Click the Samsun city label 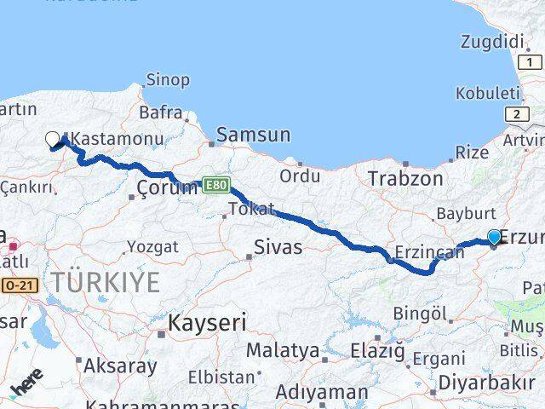coord(254,135)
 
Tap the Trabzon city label coord(405,179)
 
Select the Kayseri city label coord(207,323)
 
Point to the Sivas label coord(278,249)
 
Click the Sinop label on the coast coord(168,80)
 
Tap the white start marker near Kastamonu coord(52,139)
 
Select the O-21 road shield coord(18,285)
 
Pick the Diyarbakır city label coord(487,381)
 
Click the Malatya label coord(282,350)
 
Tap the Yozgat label coord(152,247)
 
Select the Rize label coord(472,153)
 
